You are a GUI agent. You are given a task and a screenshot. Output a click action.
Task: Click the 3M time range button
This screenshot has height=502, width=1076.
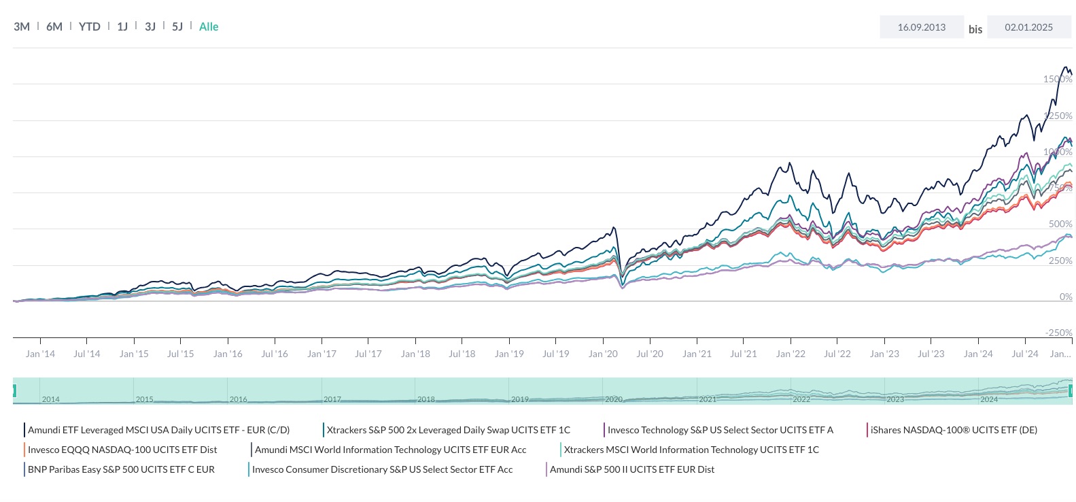click(x=22, y=27)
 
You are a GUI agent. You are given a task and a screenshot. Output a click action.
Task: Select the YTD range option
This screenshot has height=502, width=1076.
click(x=89, y=27)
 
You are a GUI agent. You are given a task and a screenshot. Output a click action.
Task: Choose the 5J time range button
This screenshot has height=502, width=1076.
click(x=177, y=27)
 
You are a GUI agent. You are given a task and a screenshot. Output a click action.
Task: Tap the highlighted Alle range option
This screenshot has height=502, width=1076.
click(x=209, y=27)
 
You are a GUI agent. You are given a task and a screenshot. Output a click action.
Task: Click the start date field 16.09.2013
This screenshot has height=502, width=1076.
click(x=921, y=27)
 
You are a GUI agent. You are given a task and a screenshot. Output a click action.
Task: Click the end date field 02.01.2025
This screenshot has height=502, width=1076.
click(x=1028, y=27)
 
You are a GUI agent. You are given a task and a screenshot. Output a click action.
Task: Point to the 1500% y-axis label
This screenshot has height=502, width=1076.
click(x=1057, y=79)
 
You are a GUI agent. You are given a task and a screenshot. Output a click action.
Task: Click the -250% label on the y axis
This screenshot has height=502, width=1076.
click(x=1058, y=333)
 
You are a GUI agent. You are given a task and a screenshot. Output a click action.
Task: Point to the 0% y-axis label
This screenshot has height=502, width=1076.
click(x=1065, y=297)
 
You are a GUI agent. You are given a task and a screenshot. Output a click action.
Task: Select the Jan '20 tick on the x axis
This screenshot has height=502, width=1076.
click(x=603, y=354)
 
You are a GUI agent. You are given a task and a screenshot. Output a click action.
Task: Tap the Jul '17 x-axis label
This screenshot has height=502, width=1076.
click(x=368, y=354)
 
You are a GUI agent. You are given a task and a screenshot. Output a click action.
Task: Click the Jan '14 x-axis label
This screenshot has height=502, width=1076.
click(x=40, y=354)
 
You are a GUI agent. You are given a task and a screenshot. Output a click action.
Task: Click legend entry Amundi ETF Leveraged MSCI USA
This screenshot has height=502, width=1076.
click(x=158, y=430)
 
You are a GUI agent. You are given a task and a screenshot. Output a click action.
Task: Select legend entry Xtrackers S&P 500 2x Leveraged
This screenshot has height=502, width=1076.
click(x=448, y=430)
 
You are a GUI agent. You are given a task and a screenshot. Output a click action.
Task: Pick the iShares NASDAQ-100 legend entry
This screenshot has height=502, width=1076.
click(x=953, y=430)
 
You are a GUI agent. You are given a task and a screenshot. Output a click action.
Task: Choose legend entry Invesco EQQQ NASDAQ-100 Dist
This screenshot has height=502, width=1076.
click(x=122, y=450)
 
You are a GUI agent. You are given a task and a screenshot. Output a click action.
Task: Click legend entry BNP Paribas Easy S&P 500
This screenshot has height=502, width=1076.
click(x=121, y=469)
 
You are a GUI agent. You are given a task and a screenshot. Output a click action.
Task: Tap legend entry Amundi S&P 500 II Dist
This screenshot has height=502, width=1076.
click(x=631, y=469)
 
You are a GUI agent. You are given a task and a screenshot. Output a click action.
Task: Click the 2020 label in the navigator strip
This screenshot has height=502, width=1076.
click(x=614, y=399)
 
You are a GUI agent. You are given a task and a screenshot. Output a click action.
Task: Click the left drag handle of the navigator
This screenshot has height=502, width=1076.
click(x=14, y=390)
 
